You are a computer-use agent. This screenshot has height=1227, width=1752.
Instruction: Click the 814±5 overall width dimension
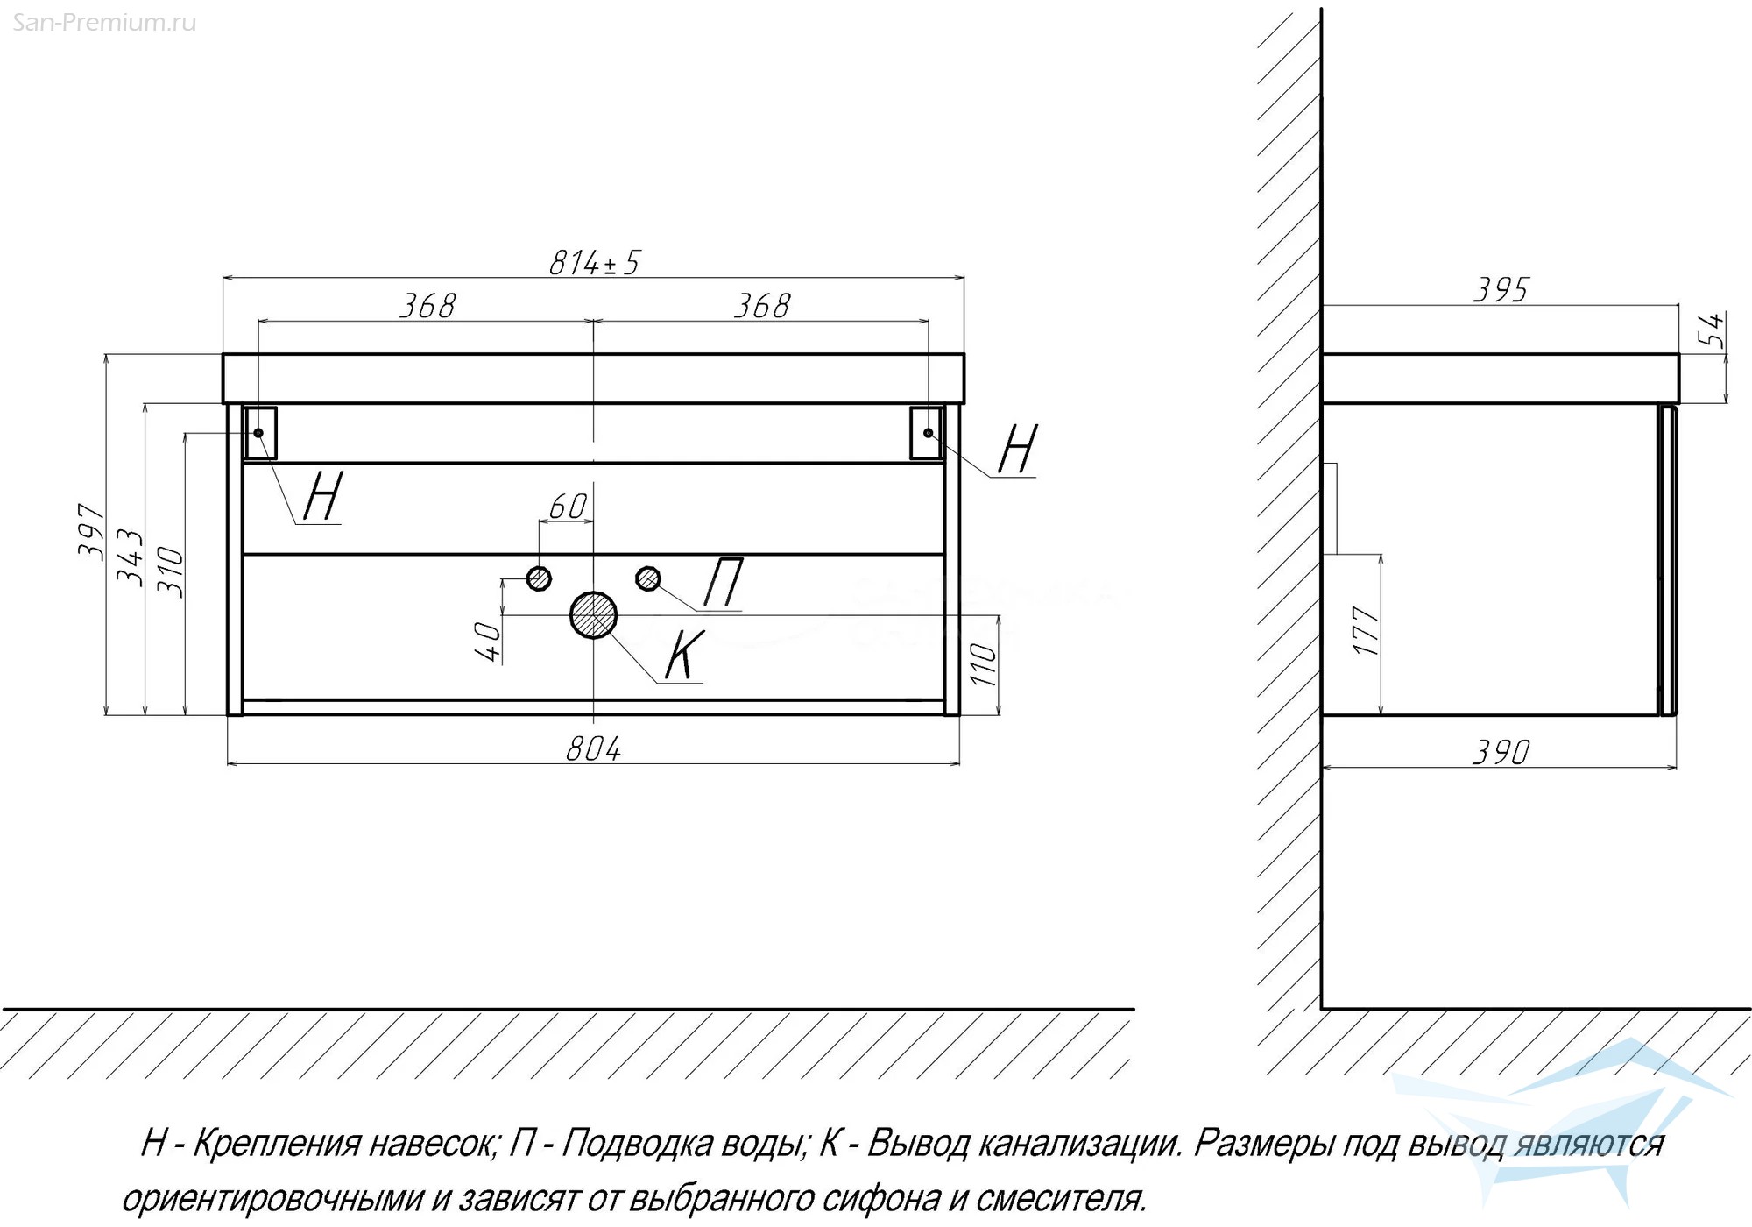coord(595,262)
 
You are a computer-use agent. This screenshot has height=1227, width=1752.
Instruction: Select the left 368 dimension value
coord(427,306)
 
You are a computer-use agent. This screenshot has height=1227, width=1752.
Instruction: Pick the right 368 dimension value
coord(762,306)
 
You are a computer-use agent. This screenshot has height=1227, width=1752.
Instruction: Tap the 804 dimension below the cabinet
coord(594,749)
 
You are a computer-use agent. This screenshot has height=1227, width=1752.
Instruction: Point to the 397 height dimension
coord(92,529)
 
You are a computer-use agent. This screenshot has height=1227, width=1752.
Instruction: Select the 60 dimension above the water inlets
coord(567,507)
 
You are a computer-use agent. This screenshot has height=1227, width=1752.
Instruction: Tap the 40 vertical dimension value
coord(487,642)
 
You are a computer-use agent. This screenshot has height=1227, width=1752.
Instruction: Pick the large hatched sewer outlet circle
coord(594,614)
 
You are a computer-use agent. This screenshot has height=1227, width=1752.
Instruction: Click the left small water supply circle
coord(539,578)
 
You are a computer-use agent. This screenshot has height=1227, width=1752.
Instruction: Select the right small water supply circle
coord(648,578)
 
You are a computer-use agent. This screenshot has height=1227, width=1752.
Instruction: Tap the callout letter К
coord(684,655)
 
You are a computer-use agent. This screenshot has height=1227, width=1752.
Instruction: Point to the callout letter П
coord(724,583)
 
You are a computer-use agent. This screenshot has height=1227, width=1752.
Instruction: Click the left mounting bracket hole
coord(258,433)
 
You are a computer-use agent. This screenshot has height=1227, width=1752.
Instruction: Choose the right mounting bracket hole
coord(929,433)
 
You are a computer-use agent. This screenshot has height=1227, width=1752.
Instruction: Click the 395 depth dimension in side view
coord(1501,290)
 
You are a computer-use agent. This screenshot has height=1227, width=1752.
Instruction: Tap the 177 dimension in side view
coord(1367,631)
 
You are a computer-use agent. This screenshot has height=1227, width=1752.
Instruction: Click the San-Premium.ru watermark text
coord(104,23)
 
